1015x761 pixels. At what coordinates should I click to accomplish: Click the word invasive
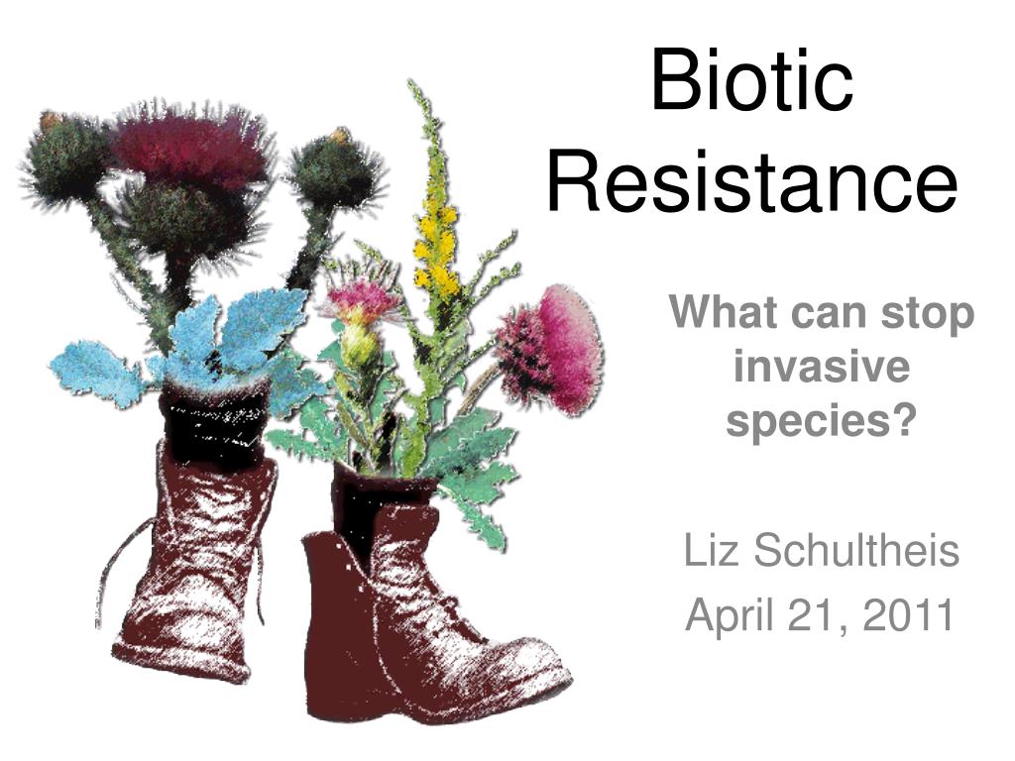pyautogui.click(x=822, y=367)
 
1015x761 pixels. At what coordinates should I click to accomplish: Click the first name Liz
pyautogui.click(x=711, y=550)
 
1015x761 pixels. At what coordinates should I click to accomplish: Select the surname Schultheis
pyautogui.click(x=855, y=550)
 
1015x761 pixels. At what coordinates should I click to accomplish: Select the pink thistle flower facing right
pyautogui.click(x=550, y=350)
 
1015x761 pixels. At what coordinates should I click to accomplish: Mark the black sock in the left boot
pyautogui.click(x=215, y=420)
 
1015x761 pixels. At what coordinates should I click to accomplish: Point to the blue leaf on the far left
pyautogui.click(x=97, y=373)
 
